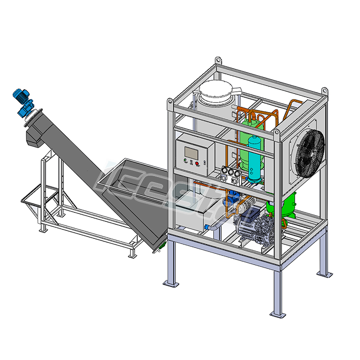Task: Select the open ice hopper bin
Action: click(135, 180)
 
